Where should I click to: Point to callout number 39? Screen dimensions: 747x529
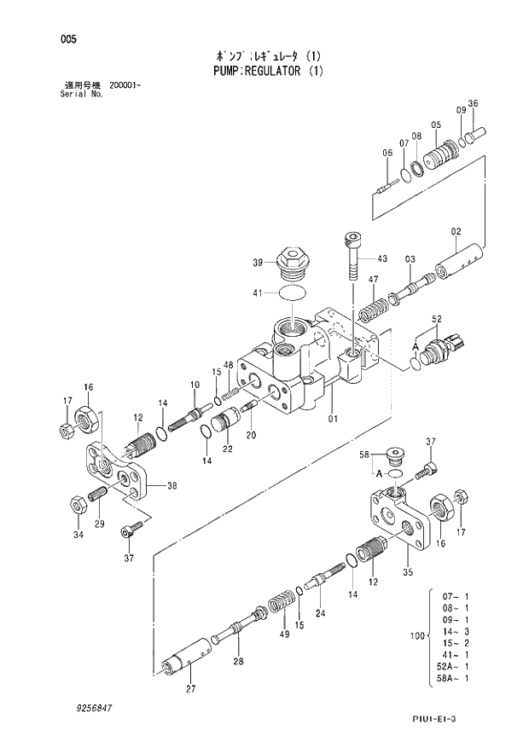[257, 263]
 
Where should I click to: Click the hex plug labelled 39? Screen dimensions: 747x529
[291, 263]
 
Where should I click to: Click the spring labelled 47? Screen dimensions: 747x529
[369, 302]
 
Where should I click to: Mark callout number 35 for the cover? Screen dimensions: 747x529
[407, 572]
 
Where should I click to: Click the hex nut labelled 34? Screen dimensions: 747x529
[74, 504]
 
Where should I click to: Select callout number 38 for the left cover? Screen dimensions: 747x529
[171, 486]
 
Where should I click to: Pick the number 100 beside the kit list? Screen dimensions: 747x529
[417, 636]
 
